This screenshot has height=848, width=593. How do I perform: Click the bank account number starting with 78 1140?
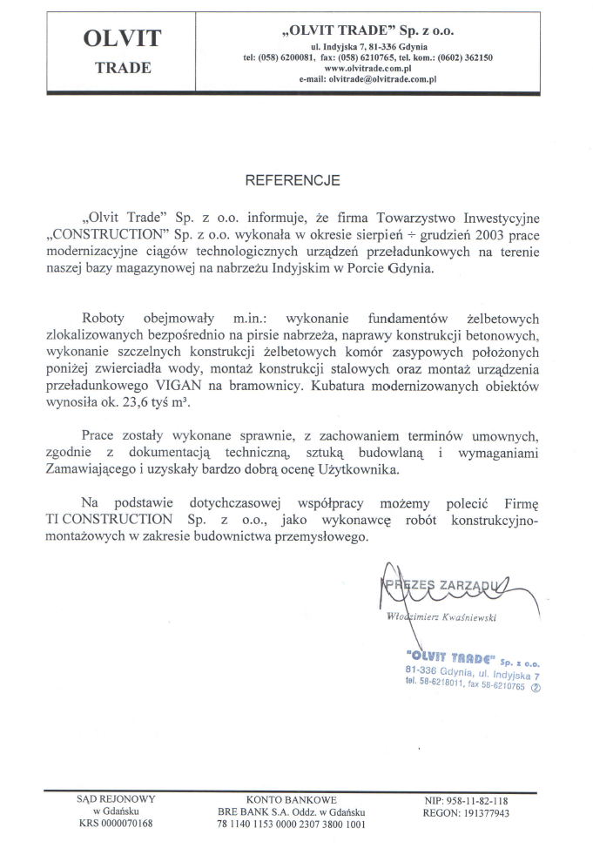click(x=291, y=824)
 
